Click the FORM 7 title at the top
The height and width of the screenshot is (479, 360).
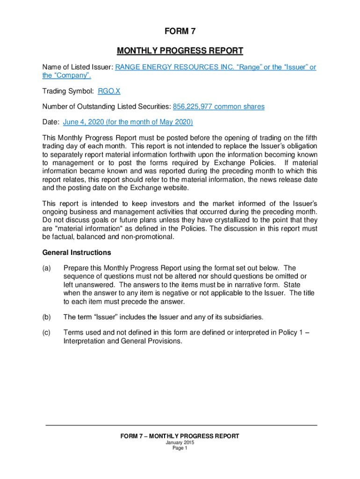coord(180,32)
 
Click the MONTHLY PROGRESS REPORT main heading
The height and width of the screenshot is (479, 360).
coord(180,51)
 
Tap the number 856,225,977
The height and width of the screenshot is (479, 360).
coord(193,107)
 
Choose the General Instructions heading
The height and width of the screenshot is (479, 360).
coord(77,253)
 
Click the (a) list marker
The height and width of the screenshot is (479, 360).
coord(47,268)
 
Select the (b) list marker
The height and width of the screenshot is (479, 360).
coord(47,317)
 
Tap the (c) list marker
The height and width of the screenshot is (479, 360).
coord(47,333)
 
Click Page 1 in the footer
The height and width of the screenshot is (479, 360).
coord(180,448)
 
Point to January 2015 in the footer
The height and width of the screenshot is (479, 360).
coord(180,442)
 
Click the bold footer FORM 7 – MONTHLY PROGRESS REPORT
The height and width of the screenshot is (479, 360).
coord(180,436)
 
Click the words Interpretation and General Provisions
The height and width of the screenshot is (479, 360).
coord(122,341)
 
